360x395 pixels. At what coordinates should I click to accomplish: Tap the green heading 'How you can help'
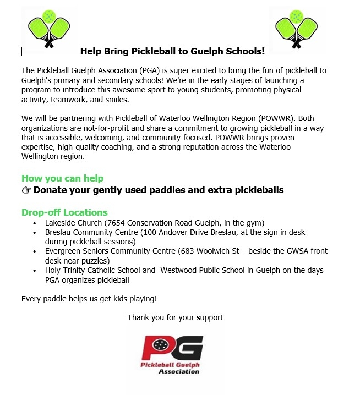point(62,178)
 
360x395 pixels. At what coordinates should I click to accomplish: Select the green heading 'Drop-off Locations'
point(64,212)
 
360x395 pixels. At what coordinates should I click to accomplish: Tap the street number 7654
point(118,223)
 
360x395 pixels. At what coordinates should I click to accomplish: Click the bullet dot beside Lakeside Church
point(35,223)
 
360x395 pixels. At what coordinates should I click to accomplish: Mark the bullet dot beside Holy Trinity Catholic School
point(35,271)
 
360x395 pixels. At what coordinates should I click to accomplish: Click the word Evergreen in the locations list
point(64,251)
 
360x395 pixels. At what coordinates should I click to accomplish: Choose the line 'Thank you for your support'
point(175,317)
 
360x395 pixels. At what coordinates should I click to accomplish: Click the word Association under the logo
point(179,371)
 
